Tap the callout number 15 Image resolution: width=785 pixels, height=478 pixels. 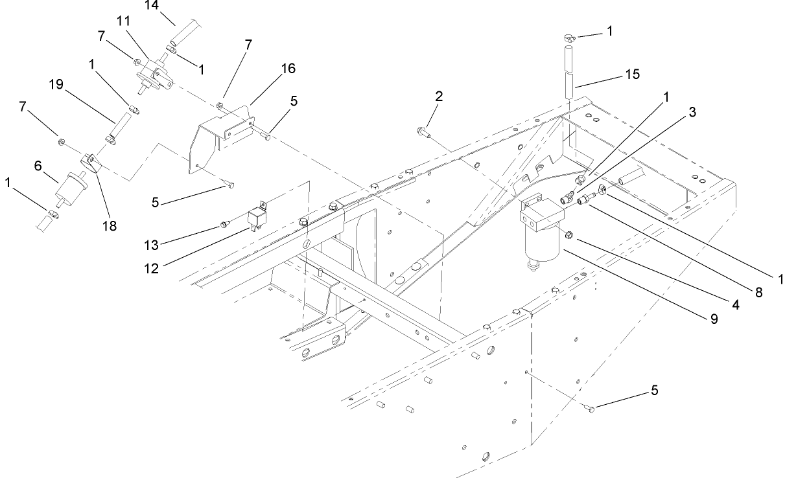point(632,74)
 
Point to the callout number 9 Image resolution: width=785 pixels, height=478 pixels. point(713,319)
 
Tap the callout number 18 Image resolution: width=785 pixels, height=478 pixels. point(109,227)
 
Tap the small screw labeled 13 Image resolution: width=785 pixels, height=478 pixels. point(224,224)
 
